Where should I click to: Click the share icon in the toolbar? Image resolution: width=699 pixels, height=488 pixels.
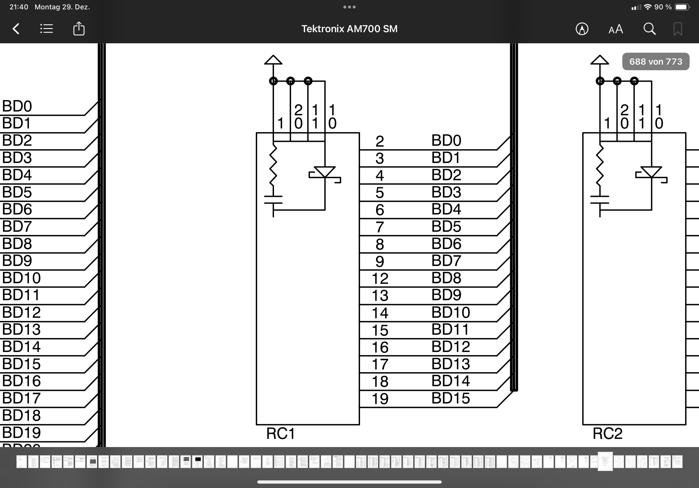pyautogui.click(x=79, y=29)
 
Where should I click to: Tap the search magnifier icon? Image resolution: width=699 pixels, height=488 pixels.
pyautogui.click(x=649, y=29)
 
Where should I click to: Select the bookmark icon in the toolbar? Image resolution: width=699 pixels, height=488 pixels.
pyautogui.click(x=677, y=29)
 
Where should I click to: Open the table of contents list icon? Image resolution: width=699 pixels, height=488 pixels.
pyautogui.click(x=47, y=29)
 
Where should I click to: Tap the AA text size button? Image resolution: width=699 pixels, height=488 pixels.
pyautogui.click(x=616, y=29)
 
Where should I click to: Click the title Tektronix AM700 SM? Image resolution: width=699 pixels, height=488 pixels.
pyautogui.click(x=349, y=29)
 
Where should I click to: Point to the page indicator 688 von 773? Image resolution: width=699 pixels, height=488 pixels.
pyautogui.click(x=655, y=62)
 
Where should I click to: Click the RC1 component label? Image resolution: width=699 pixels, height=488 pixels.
pyautogui.click(x=280, y=434)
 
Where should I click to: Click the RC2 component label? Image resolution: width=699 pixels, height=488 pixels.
pyautogui.click(x=607, y=434)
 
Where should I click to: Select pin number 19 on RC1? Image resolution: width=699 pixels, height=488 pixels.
pyautogui.click(x=380, y=399)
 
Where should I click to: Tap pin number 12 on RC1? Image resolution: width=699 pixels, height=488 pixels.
pyautogui.click(x=380, y=279)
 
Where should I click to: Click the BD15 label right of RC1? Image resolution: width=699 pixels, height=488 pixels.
pyautogui.click(x=450, y=398)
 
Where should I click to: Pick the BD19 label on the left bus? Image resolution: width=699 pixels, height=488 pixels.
pyautogui.click(x=21, y=433)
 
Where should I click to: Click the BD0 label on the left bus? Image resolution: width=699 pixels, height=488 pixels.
pyautogui.click(x=17, y=106)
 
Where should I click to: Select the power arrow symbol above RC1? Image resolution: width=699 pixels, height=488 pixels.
pyautogui.click(x=273, y=60)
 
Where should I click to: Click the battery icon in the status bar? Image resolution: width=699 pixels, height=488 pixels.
pyautogui.click(x=682, y=7)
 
